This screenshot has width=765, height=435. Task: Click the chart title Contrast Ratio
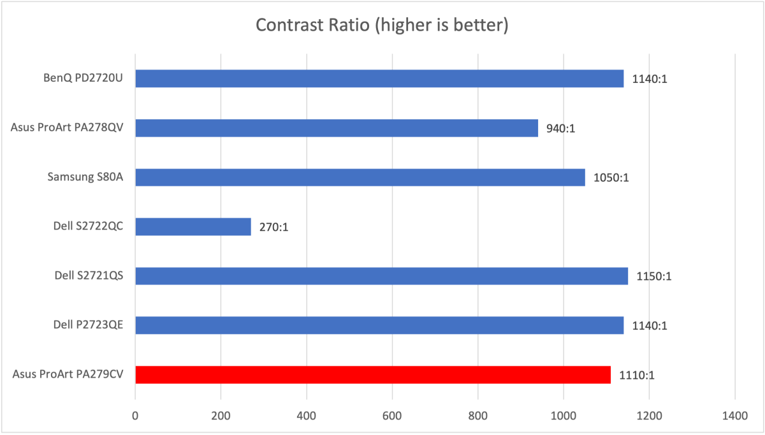tap(382, 26)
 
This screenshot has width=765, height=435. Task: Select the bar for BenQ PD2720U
tap(379, 78)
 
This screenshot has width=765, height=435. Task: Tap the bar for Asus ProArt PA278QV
tap(337, 128)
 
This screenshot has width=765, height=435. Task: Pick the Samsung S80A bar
tap(360, 177)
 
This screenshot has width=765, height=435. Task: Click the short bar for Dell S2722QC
tap(193, 226)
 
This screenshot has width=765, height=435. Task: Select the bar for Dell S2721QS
tap(381, 276)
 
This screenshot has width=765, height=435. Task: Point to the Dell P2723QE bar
tap(379, 325)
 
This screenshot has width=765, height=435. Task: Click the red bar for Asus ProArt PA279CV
tap(373, 374)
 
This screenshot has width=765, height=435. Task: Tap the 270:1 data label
tap(274, 227)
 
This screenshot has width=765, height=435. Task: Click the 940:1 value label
tap(561, 128)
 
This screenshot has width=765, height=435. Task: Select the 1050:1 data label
tap(612, 178)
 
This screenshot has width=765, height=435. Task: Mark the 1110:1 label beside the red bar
tap(637, 376)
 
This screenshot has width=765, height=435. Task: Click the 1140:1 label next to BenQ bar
tap(650, 79)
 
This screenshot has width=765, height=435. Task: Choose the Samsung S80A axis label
tap(85, 177)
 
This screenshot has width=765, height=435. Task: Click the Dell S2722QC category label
tap(89, 226)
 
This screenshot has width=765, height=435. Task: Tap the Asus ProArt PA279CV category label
tap(68, 374)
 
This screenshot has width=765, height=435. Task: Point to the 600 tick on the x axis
tap(392, 417)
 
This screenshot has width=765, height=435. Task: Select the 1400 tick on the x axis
tap(734, 417)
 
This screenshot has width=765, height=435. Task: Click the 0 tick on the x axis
tap(135, 417)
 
